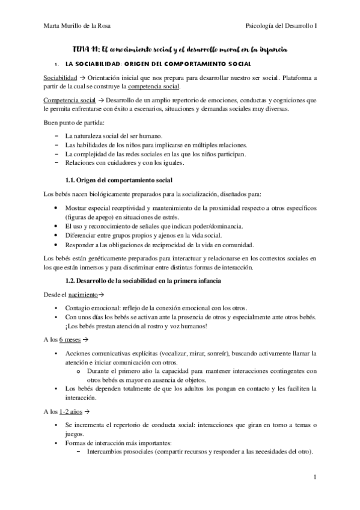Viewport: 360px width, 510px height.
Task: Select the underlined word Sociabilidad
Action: [60, 79]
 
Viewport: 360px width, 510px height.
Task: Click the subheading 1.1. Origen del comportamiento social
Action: [118, 180]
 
